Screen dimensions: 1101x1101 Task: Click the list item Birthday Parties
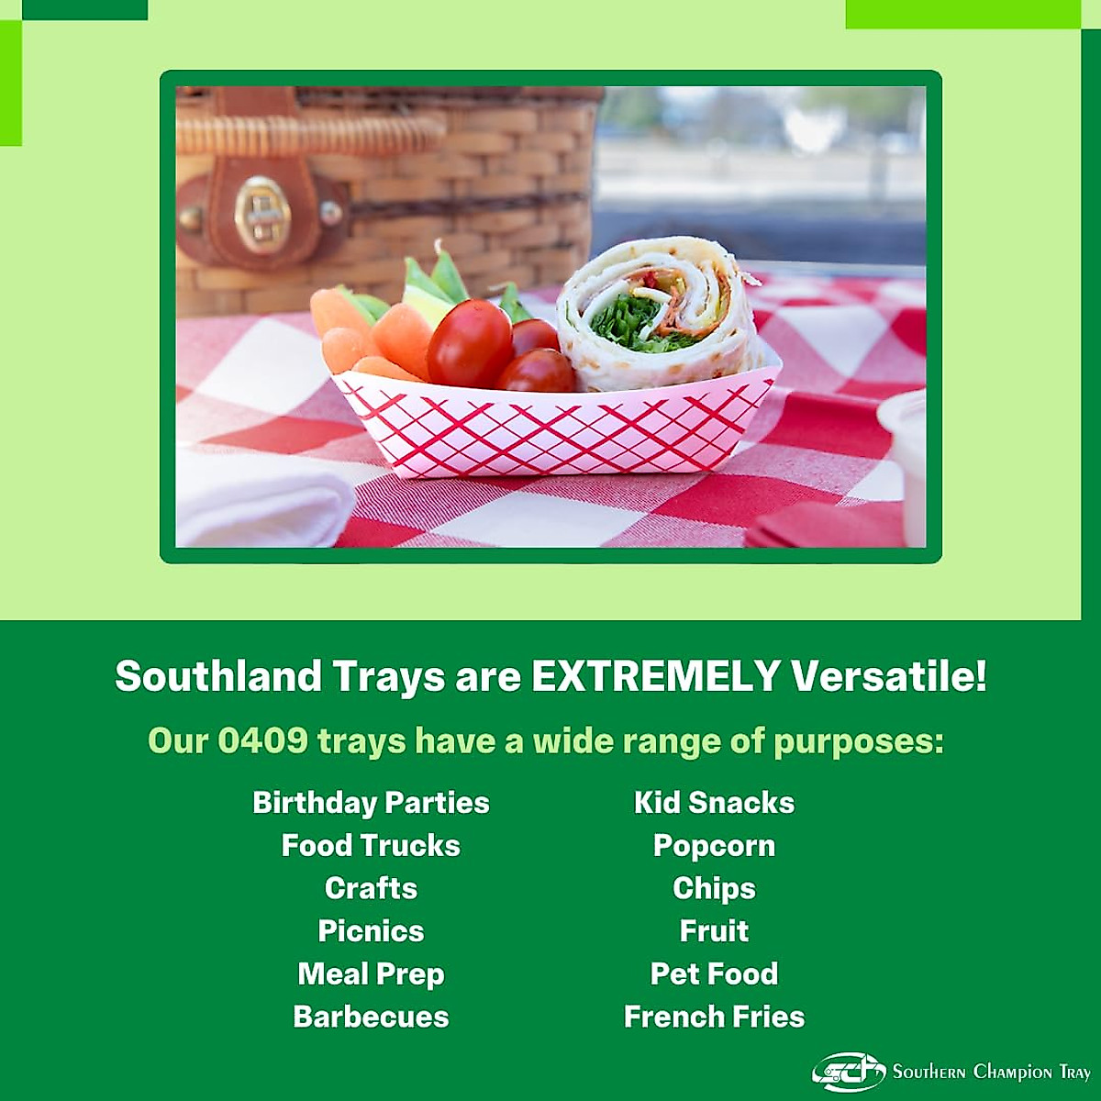point(371,803)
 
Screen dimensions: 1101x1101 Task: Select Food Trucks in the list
point(371,845)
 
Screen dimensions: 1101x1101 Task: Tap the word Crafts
point(371,888)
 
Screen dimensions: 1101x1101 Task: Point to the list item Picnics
point(371,931)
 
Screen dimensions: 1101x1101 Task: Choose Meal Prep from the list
point(371,974)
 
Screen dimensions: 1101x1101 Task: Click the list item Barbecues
point(371,1017)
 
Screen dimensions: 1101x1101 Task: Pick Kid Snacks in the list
point(714,803)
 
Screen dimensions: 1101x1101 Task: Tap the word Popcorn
point(714,845)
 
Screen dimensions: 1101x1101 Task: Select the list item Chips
point(714,888)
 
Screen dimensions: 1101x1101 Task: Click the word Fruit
point(714,931)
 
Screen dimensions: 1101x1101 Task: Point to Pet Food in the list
point(714,973)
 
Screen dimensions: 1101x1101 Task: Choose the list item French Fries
point(714,1017)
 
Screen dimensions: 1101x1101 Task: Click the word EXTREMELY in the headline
point(655,676)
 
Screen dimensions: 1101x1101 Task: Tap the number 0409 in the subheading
point(262,740)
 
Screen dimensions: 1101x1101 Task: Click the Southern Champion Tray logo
point(951,1071)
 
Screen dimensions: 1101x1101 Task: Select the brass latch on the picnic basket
point(262,214)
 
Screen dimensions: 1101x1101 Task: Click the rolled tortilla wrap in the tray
point(659,317)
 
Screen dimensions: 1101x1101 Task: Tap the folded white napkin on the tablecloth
point(261,500)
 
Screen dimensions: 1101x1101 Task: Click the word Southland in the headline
point(218,676)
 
